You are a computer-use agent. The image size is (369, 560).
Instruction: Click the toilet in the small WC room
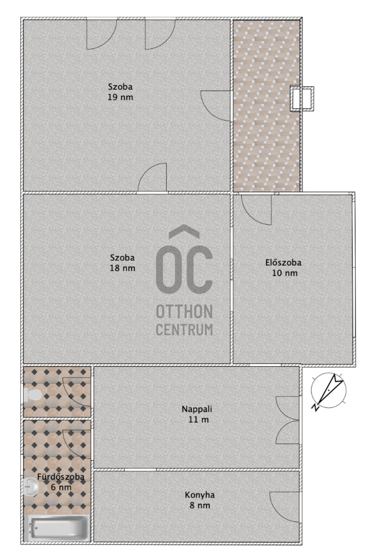(x=32, y=395)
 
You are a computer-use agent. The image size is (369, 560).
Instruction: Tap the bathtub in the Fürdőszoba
(x=57, y=528)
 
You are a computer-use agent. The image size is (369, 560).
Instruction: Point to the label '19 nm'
(x=120, y=97)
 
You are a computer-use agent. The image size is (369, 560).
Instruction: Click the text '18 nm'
(x=123, y=268)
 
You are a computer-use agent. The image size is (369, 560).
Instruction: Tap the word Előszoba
(x=283, y=262)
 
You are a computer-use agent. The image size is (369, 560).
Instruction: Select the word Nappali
(x=197, y=409)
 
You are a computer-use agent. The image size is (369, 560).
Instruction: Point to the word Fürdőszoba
(x=61, y=477)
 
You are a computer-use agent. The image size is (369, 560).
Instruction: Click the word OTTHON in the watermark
(x=184, y=311)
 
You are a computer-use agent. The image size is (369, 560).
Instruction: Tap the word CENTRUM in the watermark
(x=184, y=329)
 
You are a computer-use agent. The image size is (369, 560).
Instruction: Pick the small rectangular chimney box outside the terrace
(x=302, y=98)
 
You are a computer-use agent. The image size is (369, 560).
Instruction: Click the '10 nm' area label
(x=284, y=273)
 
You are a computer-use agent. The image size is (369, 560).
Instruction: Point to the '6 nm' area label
(x=61, y=487)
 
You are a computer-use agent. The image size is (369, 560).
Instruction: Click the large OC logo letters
(x=184, y=260)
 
